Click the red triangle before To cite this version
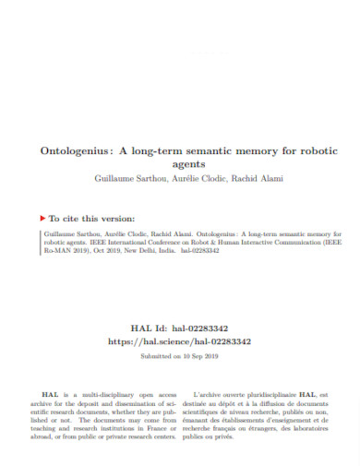click(43, 219)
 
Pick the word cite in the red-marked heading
click(75, 219)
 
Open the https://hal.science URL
click(180, 341)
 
